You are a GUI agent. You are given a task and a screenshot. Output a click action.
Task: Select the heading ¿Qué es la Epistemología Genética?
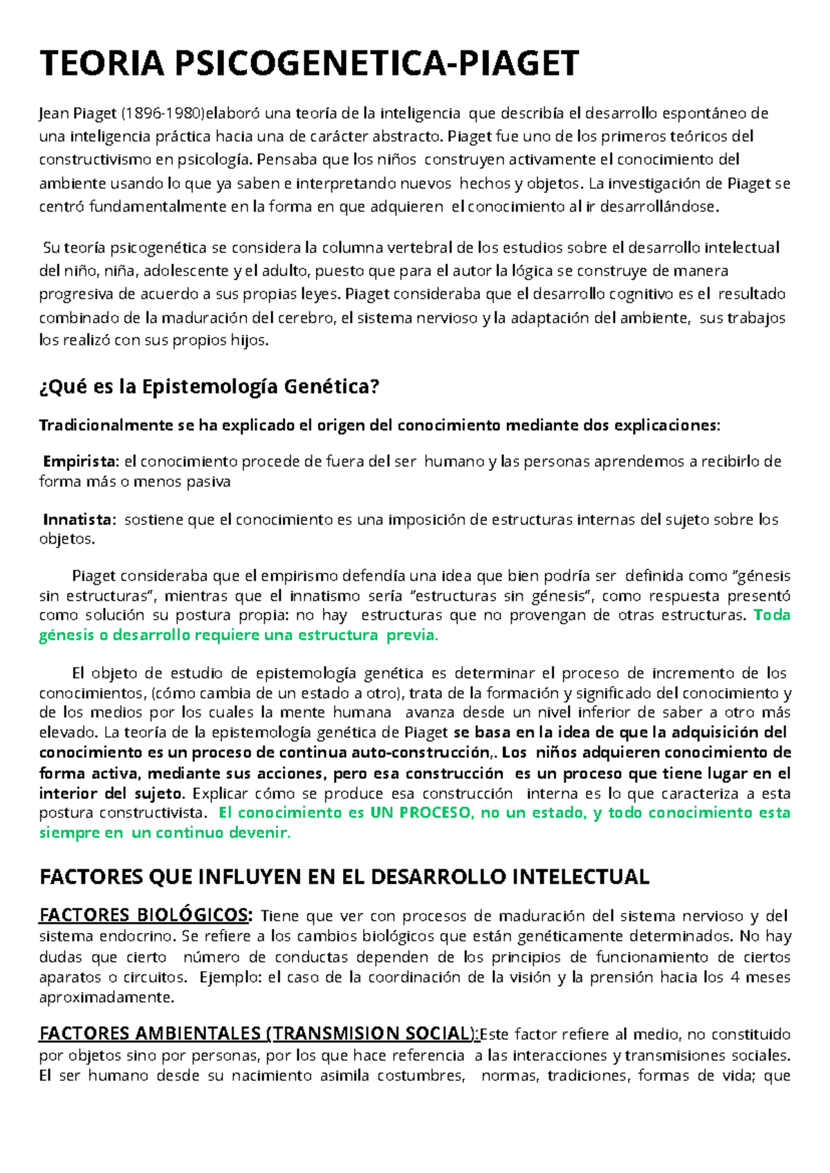210,387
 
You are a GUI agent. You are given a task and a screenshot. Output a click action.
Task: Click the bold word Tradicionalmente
107,426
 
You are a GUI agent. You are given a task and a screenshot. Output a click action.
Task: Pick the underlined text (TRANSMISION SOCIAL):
373,1035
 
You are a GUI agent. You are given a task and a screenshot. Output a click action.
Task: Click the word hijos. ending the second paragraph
249,341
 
